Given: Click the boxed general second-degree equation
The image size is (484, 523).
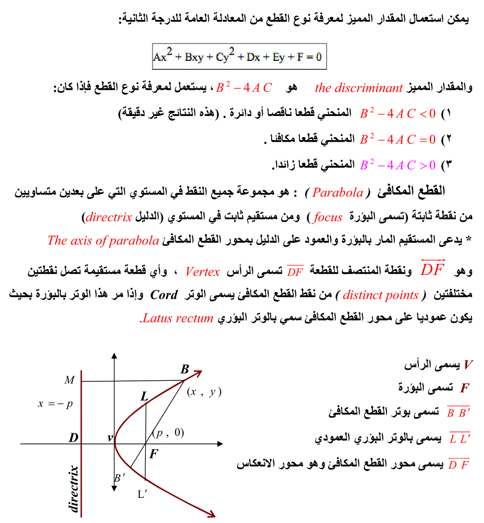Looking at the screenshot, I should [x=238, y=57].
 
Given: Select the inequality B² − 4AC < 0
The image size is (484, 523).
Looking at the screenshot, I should [x=397, y=113].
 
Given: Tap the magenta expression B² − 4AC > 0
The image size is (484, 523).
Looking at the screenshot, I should [x=397, y=165].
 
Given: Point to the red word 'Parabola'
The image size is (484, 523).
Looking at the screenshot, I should [x=338, y=192].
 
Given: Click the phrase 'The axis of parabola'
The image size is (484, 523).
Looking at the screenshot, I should [x=103, y=241].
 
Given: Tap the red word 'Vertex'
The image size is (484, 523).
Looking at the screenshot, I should [x=202, y=271].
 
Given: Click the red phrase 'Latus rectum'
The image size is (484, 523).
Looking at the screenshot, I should [x=178, y=318].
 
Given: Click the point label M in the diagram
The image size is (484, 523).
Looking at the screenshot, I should [x=69, y=380].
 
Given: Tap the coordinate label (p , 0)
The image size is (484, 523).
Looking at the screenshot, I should [x=168, y=433].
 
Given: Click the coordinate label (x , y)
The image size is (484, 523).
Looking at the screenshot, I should [x=204, y=392].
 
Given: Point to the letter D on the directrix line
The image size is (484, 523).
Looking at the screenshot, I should [x=73, y=437].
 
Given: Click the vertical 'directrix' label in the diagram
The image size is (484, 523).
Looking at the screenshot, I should [x=73, y=488].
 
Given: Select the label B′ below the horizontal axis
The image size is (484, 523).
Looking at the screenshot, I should [x=120, y=477].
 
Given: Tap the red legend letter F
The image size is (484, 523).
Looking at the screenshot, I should [x=464, y=388].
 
